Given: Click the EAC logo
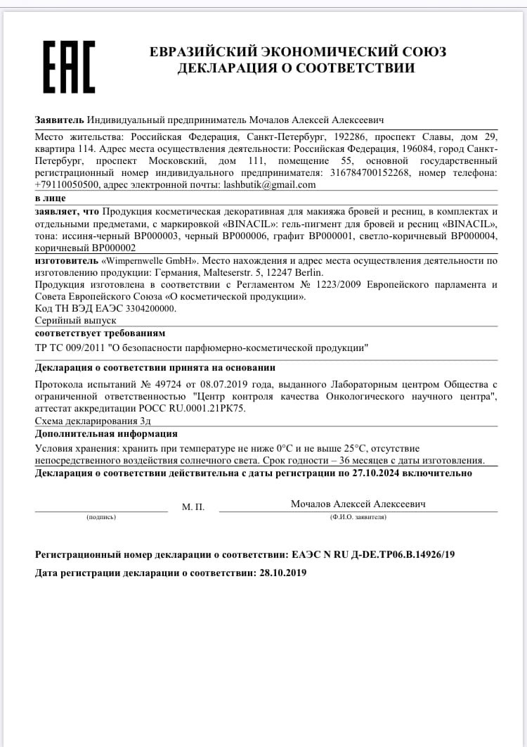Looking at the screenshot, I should tap(69, 67).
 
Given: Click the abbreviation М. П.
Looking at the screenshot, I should tap(193, 506).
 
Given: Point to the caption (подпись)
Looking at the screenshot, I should tap(101, 517).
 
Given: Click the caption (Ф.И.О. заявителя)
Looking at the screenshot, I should tap(358, 517).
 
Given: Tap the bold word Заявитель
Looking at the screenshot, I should tap(59, 120).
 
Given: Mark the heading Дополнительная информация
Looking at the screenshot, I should tap(106, 433).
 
